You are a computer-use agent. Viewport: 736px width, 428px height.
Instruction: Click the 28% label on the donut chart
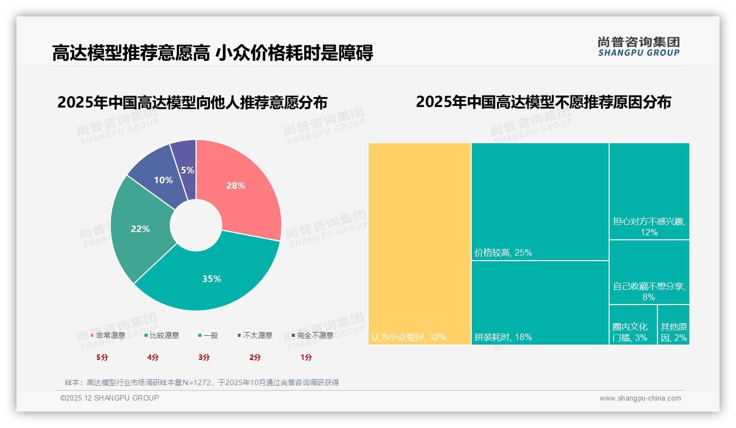tap(236, 185)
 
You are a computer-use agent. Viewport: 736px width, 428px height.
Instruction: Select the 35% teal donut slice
tap(211, 279)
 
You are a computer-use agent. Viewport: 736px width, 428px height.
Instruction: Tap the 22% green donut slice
tap(140, 229)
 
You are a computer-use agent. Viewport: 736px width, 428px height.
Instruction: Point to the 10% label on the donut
tap(163, 180)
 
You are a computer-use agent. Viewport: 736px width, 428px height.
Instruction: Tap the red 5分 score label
tap(103, 357)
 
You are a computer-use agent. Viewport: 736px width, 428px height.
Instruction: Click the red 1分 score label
tap(306, 357)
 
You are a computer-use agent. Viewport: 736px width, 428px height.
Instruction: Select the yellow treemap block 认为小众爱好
tap(420, 244)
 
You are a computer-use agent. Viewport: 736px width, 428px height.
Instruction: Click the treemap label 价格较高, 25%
tap(503, 253)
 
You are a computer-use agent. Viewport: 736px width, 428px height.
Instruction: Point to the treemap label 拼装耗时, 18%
tap(503, 337)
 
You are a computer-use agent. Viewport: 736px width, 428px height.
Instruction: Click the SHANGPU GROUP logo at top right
tap(639, 47)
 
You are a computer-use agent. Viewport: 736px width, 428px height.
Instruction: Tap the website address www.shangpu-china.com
tap(640, 398)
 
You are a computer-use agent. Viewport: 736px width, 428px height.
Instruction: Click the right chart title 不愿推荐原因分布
tap(543, 102)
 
